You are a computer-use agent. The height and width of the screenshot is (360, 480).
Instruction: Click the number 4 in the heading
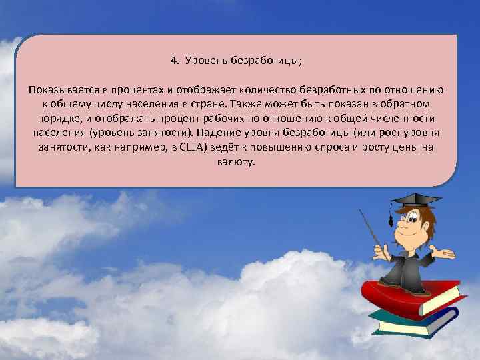(173, 62)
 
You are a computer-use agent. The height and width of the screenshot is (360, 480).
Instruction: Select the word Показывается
(59, 90)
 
